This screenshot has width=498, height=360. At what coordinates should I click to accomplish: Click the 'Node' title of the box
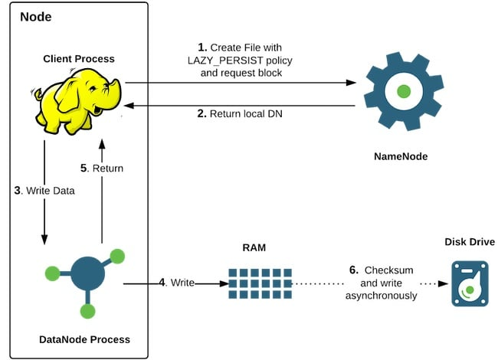pyautogui.click(x=35, y=17)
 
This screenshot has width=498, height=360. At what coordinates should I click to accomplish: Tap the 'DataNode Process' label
pyautogui.click(x=84, y=339)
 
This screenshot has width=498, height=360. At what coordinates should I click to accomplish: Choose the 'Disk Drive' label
pyautogui.click(x=469, y=242)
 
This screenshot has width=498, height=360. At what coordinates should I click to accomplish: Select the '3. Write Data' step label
pyautogui.click(x=44, y=191)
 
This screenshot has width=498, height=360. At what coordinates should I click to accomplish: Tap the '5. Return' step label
pyautogui.click(x=103, y=168)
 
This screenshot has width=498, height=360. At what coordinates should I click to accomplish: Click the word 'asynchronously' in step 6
pyautogui.click(x=382, y=296)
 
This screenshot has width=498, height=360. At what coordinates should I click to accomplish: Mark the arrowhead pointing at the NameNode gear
pyautogui.click(x=352, y=82)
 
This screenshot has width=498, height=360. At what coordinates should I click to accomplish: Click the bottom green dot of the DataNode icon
pyautogui.click(x=87, y=310)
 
